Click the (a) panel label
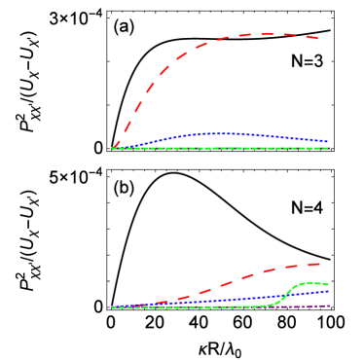coord(124,26)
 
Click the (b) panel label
coord(124,185)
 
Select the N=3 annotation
coord(307,61)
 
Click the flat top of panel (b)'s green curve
coord(311,283)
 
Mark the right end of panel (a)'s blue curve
coord(327,143)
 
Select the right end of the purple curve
coord(329,306)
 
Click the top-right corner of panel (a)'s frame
coord(335,10)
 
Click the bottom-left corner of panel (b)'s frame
coord(106,310)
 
